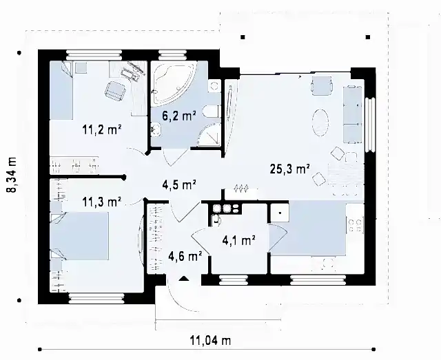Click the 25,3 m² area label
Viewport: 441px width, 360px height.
coord(289,169)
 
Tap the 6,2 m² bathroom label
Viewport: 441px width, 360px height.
coord(179,116)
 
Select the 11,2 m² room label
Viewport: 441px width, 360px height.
coord(102,130)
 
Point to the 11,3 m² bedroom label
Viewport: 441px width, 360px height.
coord(102,202)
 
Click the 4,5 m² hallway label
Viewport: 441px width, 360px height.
coord(179,185)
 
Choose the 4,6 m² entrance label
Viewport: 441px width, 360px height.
coord(185,256)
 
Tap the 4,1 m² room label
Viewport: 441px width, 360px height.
coord(238,240)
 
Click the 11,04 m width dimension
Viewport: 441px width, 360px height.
coord(210,341)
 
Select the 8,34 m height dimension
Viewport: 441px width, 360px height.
coord(12,175)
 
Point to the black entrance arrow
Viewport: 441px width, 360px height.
coord(184,279)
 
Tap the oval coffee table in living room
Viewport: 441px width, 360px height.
coord(320,123)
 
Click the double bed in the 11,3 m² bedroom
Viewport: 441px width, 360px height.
coord(80,236)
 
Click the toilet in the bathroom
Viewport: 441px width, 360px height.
coord(212,112)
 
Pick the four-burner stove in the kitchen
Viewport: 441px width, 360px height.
coord(356,226)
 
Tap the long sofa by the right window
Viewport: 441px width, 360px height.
coord(352,114)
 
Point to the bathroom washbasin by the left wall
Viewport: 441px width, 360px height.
coord(156,130)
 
